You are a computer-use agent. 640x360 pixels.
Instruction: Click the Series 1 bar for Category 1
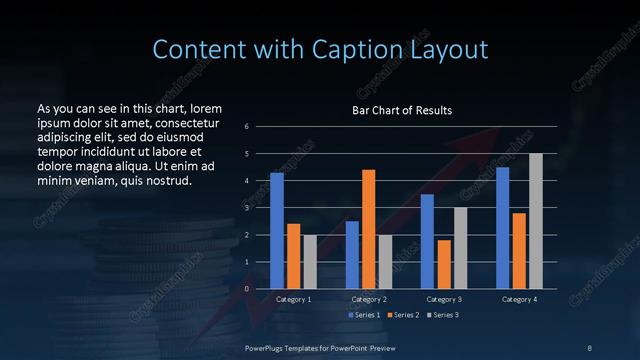[x=277, y=231]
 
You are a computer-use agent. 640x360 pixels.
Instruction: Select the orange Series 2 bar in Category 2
[x=368, y=229]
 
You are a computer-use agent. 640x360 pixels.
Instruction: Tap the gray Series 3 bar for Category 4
[x=535, y=221]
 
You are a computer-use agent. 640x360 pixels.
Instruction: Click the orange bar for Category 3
[x=443, y=264]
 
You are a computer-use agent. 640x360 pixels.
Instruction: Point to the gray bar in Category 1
[x=310, y=262]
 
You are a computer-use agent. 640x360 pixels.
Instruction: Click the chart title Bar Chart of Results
[x=402, y=110]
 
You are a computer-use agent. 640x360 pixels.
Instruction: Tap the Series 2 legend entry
[x=402, y=315]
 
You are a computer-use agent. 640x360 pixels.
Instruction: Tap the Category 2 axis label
[x=368, y=299]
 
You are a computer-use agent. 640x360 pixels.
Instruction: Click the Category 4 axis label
[x=518, y=299]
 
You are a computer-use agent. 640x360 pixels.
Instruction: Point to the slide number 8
[x=589, y=347]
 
